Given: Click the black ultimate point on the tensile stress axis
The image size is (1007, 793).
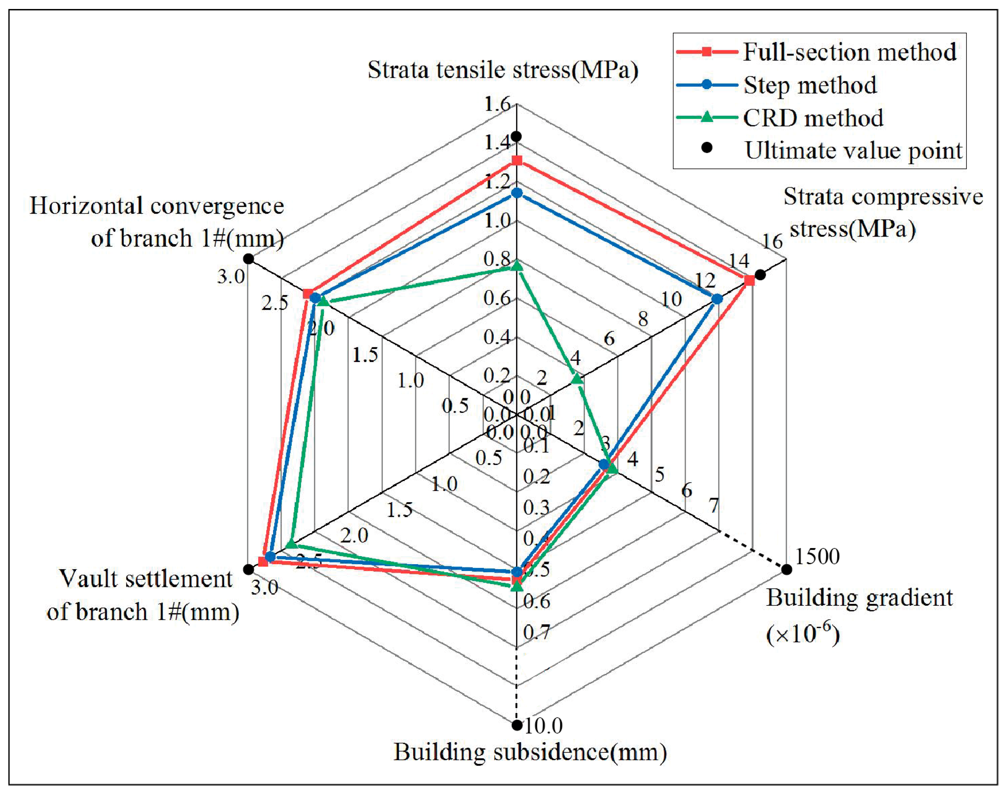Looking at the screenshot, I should (516, 136).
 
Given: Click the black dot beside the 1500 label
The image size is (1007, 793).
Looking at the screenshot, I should (786, 569).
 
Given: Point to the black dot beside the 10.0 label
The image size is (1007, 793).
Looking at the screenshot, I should (517, 725).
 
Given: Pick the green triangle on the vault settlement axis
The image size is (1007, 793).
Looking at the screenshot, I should (291, 543).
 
